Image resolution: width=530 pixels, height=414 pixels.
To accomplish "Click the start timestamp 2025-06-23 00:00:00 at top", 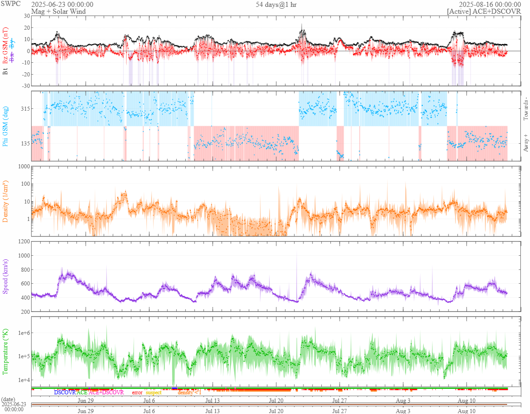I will [x=62, y=5].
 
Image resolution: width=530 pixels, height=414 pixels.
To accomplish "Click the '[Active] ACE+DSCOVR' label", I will [x=484, y=11].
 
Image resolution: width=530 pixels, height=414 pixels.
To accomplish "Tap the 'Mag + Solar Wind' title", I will [x=58, y=11].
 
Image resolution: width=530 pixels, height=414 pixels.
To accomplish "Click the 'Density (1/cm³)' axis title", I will [x=6, y=201].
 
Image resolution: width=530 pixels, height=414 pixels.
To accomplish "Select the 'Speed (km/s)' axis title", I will [x=6, y=276].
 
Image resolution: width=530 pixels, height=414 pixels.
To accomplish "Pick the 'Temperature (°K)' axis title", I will [x=6, y=351].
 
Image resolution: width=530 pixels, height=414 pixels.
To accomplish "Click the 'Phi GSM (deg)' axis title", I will [x=6, y=126].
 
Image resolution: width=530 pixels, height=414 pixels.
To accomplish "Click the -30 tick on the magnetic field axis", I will [x=25, y=86].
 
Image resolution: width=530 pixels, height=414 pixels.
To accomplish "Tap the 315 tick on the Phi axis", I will [x=24, y=108].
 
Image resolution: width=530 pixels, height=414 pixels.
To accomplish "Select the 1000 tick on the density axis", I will [x=23, y=167].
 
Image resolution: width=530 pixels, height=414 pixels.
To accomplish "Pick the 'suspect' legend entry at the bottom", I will [x=153, y=392].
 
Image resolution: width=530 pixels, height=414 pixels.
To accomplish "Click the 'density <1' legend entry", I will [x=189, y=392].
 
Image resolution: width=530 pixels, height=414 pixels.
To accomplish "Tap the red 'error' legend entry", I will [x=137, y=392].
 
